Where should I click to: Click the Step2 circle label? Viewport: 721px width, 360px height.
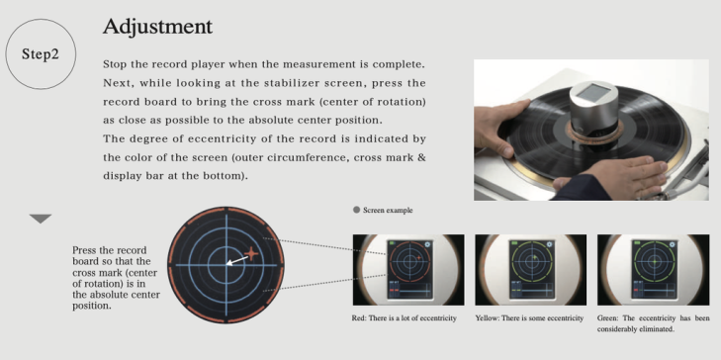coord(41,54)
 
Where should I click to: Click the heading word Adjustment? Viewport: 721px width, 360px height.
coord(157,27)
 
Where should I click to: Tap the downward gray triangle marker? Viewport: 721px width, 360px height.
coord(41,219)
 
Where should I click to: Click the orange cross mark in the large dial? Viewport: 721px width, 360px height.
coord(251,253)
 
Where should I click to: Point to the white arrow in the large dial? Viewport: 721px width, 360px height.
coord(238,260)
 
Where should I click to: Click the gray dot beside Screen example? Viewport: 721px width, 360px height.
coord(356,210)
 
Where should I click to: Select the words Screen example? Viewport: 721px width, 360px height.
coord(388,210)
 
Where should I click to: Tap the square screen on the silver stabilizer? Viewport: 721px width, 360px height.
coord(590,93)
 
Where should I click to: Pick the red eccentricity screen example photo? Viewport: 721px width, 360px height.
coord(408,270)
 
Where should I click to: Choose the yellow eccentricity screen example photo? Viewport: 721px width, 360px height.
coord(531,270)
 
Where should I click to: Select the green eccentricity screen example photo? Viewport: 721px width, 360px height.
coord(653,270)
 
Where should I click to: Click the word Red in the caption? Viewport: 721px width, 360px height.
coord(358,318)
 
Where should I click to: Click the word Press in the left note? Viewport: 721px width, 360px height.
coord(82,250)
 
